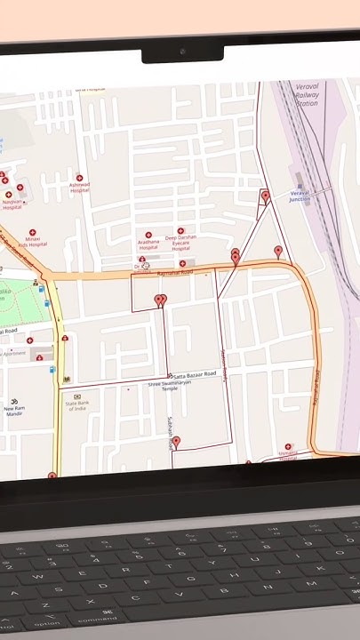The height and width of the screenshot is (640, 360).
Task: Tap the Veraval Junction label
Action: coord(300,196)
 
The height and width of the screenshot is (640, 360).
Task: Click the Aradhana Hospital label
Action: coord(148,243)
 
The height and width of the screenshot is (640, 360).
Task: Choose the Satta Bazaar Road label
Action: coord(195,374)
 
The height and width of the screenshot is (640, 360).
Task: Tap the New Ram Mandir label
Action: coord(14,411)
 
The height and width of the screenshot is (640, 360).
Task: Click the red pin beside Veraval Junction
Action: coord(265,196)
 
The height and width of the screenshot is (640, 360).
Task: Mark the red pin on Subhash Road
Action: coord(176,442)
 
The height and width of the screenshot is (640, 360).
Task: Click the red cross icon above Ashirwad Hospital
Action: coord(80,178)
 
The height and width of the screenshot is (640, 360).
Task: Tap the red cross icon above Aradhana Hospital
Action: coord(148,235)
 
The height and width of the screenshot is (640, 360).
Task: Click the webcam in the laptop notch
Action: coord(183,52)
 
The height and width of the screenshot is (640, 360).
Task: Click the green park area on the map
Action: coord(18,303)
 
